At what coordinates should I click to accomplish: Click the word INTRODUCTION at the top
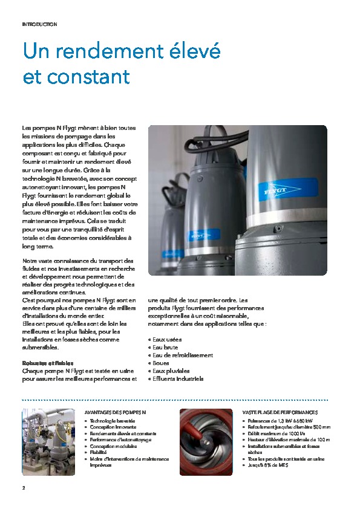pyautogui.click(x=39, y=24)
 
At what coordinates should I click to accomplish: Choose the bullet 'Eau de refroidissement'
pyautogui.click(x=183, y=355)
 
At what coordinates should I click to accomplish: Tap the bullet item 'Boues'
pyautogui.click(x=161, y=363)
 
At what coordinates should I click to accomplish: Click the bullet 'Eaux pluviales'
pyautogui.click(x=171, y=371)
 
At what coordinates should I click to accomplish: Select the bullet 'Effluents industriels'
pyautogui.click(x=178, y=378)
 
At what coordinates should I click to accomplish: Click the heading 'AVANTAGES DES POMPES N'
pyautogui.click(x=115, y=412)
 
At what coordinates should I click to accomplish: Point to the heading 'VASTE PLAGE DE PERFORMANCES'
pyautogui.click(x=280, y=412)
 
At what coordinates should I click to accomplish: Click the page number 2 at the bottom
pyautogui.click(x=24, y=487)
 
